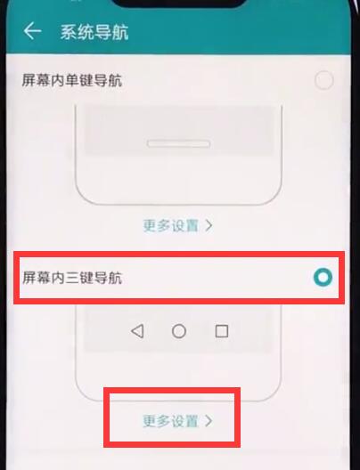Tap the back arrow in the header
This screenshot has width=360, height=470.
click(33, 32)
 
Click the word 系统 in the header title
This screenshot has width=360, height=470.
click(74, 33)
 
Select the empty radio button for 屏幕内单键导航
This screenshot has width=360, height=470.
click(324, 81)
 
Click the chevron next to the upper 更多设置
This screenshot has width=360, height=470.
click(209, 225)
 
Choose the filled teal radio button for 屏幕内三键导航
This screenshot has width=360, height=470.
click(323, 278)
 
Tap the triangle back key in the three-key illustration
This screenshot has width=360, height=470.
click(137, 331)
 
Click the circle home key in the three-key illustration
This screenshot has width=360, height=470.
click(179, 331)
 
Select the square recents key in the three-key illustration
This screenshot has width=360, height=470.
click(221, 331)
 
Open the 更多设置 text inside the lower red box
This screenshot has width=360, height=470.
click(170, 421)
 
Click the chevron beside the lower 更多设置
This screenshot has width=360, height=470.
click(209, 421)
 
